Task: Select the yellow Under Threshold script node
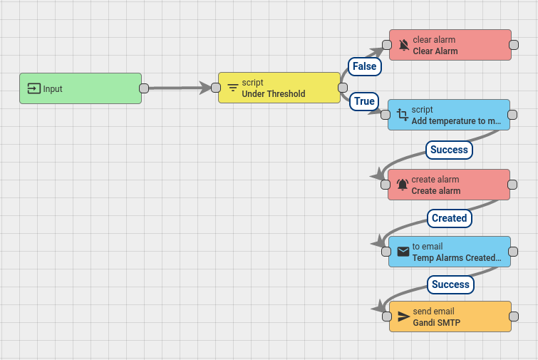(279, 88)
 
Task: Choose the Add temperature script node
(449, 115)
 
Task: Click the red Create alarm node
(449, 185)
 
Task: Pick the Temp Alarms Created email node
(450, 252)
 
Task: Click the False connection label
(364, 66)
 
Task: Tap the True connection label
(364, 101)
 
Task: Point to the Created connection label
(449, 218)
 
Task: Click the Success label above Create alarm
(449, 150)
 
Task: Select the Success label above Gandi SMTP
(450, 284)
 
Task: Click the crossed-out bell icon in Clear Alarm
(404, 46)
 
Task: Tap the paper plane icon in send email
(404, 317)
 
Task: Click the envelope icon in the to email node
(403, 252)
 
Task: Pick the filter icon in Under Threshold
(233, 88)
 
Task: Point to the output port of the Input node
(143, 88)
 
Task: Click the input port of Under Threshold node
(216, 88)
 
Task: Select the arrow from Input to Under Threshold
(178, 88)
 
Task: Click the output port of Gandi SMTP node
(513, 317)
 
